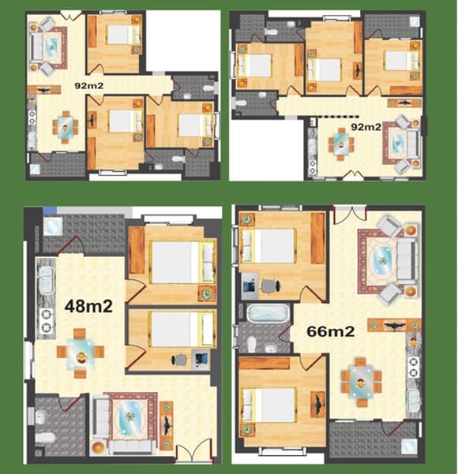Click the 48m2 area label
(x=88, y=306)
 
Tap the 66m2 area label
(x=330, y=331)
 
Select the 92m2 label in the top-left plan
(x=89, y=86)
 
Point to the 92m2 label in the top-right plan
(x=366, y=127)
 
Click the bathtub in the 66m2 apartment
(x=268, y=313)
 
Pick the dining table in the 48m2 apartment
(x=81, y=353)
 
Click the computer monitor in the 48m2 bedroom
(x=201, y=359)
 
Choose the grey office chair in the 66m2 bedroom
(x=269, y=286)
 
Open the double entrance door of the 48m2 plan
(x=194, y=450)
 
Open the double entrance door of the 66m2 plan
(x=350, y=214)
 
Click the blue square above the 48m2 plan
(x=50, y=211)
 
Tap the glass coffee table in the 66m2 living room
(x=383, y=260)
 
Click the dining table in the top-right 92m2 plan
(x=341, y=144)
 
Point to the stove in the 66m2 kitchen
(x=414, y=367)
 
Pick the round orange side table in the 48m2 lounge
(x=99, y=447)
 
